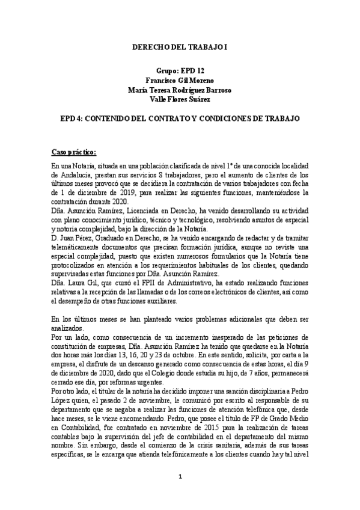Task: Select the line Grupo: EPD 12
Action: [180, 70]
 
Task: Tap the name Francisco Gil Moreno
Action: [180, 80]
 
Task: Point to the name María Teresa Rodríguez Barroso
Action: [180, 90]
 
